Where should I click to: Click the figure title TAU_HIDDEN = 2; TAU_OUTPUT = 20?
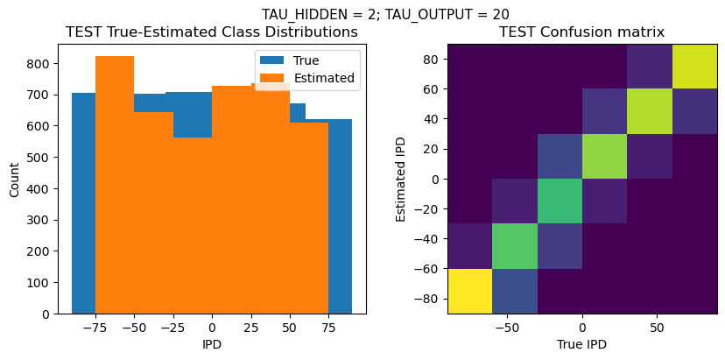coord(385,14)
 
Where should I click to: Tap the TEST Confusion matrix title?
coord(581,32)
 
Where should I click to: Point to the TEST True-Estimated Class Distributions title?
coord(212,32)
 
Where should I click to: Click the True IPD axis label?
coord(581,344)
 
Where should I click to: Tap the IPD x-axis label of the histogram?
coord(212,344)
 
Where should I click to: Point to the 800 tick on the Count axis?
coord(39,64)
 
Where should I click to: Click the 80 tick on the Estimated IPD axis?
coord(431,59)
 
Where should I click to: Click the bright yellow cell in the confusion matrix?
coord(469,291)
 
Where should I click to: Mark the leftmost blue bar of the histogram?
coord(83,202)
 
